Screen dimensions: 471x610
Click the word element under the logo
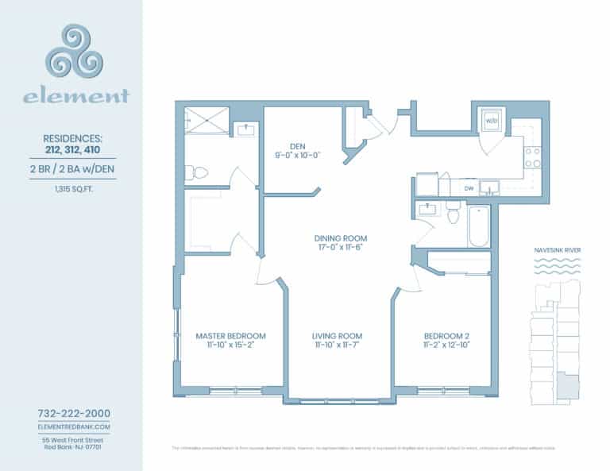click(x=75, y=98)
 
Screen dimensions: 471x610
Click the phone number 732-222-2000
click(x=74, y=413)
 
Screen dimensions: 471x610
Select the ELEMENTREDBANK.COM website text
click(x=74, y=427)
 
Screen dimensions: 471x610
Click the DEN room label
click(x=297, y=145)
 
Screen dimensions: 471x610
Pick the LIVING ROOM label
click(x=337, y=336)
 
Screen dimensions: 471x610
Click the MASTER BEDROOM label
click(x=230, y=336)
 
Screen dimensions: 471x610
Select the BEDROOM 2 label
click(x=447, y=336)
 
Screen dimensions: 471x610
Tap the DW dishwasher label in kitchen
click(x=470, y=188)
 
